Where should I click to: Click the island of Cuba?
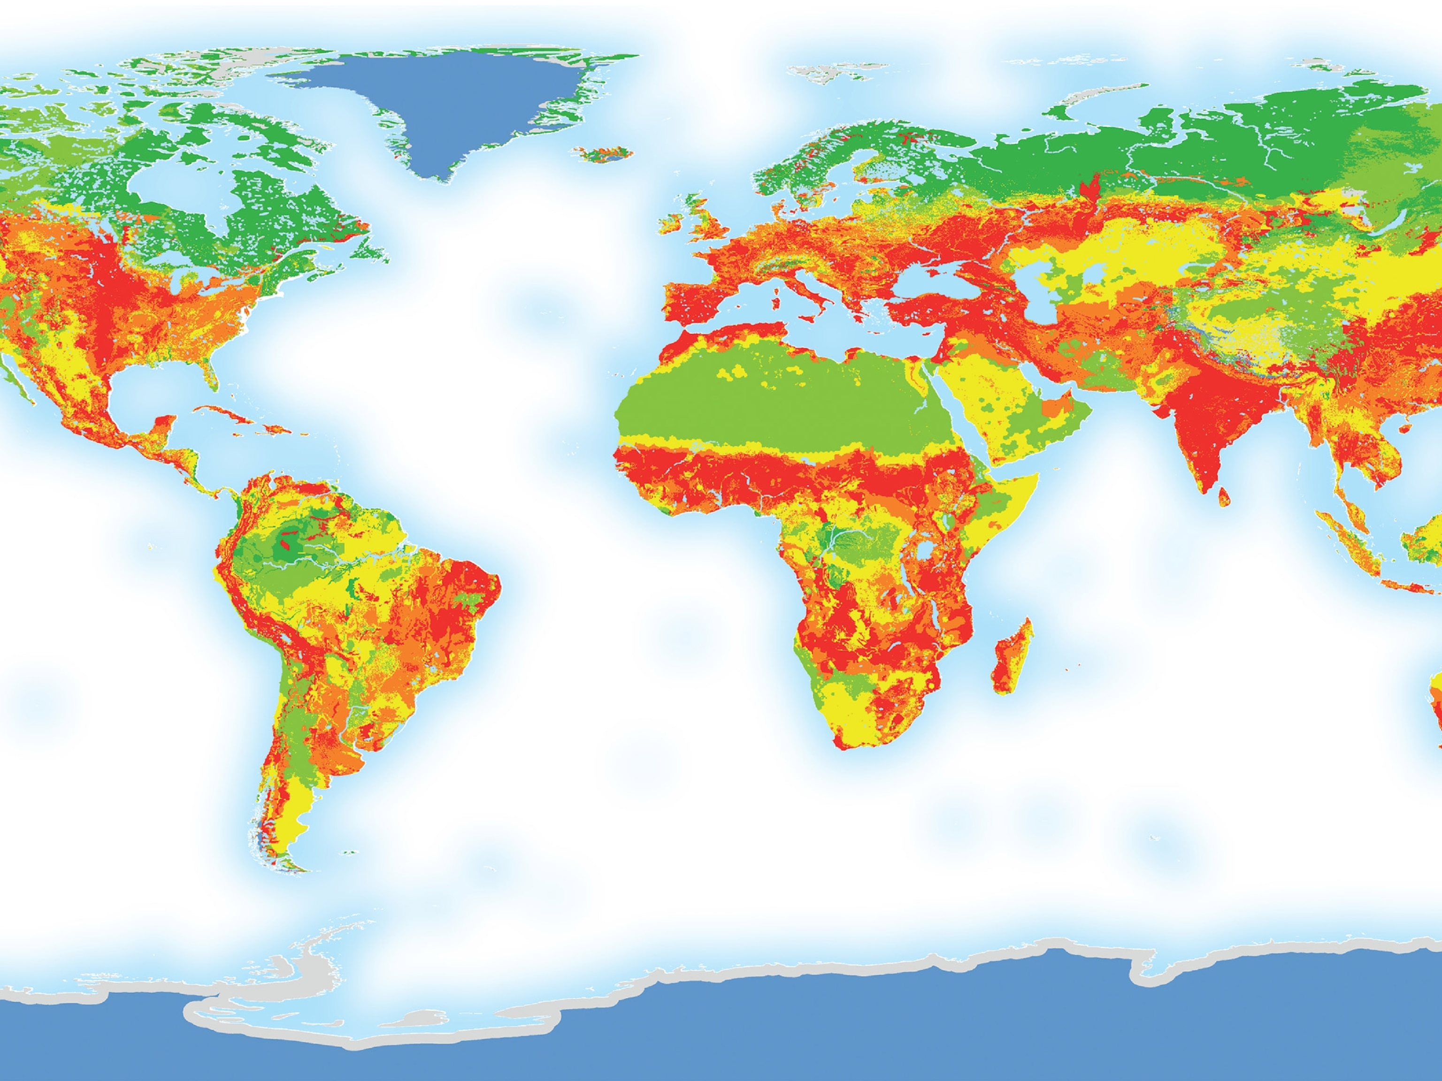[x=228, y=414]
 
